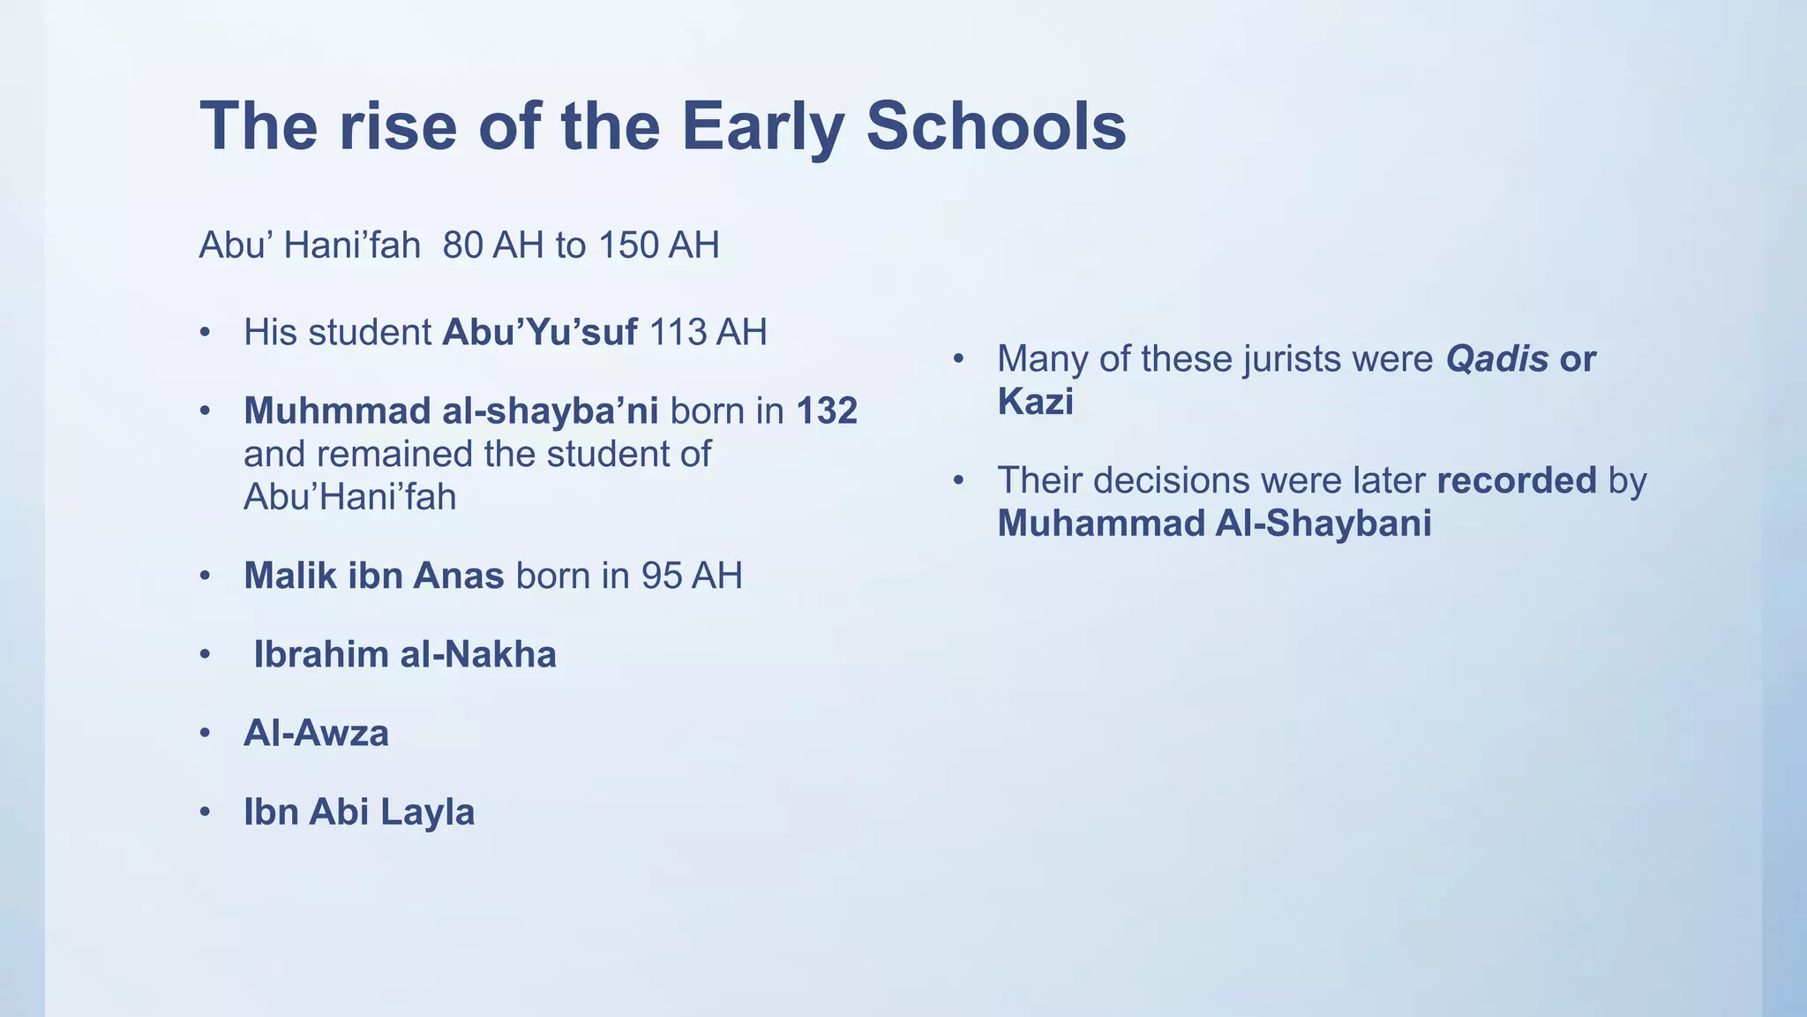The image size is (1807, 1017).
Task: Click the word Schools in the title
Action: coord(995,126)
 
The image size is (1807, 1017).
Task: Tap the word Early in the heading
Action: coord(762,126)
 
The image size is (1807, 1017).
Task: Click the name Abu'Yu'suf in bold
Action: coord(539,333)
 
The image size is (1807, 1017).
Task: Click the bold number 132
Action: coord(827,411)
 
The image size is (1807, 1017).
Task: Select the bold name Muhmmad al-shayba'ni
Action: coord(451,411)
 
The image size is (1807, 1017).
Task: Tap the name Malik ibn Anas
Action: coord(373,576)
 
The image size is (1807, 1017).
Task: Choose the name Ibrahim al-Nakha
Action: coord(404,655)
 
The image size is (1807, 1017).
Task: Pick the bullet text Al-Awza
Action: coord(316,734)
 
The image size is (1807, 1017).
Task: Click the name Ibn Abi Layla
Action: coord(358,812)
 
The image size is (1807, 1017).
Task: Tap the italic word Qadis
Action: coord(1496,359)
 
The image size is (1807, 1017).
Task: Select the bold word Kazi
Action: coord(1035,403)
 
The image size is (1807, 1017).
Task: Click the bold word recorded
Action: coord(1516,481)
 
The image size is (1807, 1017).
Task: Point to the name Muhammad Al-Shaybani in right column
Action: coord(1214,524)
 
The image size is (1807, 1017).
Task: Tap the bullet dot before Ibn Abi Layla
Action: coord(205,812)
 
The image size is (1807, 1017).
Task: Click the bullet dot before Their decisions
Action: coord(959,481)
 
